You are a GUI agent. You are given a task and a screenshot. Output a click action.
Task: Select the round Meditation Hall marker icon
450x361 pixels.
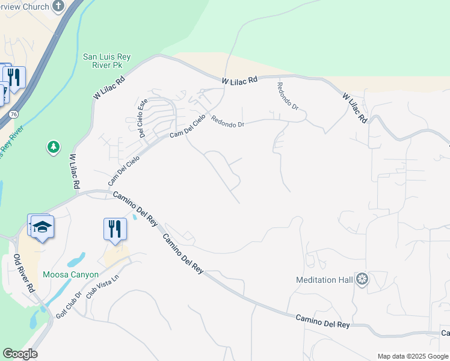click(x=362, y=279)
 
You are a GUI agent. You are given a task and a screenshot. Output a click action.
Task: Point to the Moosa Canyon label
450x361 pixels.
click(x=70, y=274)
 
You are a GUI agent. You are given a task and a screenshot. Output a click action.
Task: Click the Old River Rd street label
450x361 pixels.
click(x=25, y=274)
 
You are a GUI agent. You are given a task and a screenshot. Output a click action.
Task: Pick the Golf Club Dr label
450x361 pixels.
click(x=69, y=305)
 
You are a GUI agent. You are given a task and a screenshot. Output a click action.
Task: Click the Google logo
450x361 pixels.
click(x=20, y=354)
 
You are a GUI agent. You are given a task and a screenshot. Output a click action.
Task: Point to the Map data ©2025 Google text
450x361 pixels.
click(x=413, y=356)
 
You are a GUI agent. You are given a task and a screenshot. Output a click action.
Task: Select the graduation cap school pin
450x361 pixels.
click(x=43, y=227)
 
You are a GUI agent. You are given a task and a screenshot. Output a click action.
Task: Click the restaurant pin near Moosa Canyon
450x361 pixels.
click(x=114, y=229)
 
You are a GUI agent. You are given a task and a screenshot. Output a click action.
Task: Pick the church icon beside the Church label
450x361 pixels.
click(x=58, y=6)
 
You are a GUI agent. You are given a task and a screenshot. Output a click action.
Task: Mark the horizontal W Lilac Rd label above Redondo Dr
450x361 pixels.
click(x=239, y=79)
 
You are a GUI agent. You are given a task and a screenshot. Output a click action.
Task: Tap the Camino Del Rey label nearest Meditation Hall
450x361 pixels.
click(x=322, y=321)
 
